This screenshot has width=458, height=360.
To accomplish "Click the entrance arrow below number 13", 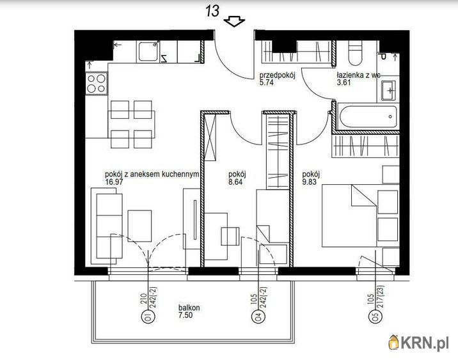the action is [x=234, y=22].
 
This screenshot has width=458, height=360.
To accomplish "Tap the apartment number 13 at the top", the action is [x=212, y=11].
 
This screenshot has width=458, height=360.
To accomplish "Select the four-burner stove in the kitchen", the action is [x=97, y=83].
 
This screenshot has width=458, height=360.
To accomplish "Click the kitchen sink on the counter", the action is [x=148, y=51].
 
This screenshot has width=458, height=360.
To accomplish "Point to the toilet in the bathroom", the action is [x=355, y=53].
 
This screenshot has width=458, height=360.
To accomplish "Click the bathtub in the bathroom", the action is [x=367, y=116].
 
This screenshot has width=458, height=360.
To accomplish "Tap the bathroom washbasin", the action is [x=388, y=90].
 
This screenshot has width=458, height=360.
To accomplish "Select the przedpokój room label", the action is [x=278, y=75].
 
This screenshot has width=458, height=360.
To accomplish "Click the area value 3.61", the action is [x=343, y=82].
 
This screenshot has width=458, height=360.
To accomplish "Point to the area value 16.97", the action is [x=114, y=182].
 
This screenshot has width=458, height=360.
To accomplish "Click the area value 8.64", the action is [x=235, y=182].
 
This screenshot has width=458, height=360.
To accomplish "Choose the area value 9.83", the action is [x=310, y=182].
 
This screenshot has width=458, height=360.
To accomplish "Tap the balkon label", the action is [x=189, y=308].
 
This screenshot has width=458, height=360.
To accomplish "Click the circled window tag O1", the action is [x=148, y=317].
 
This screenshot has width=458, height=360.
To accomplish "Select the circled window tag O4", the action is [x=258, y=317].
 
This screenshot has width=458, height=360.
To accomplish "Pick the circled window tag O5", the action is [x=375, y=317].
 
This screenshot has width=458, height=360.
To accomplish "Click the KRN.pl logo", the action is [x=418, y=343].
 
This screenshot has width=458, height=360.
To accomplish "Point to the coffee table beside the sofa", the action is [x=139, y=226].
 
